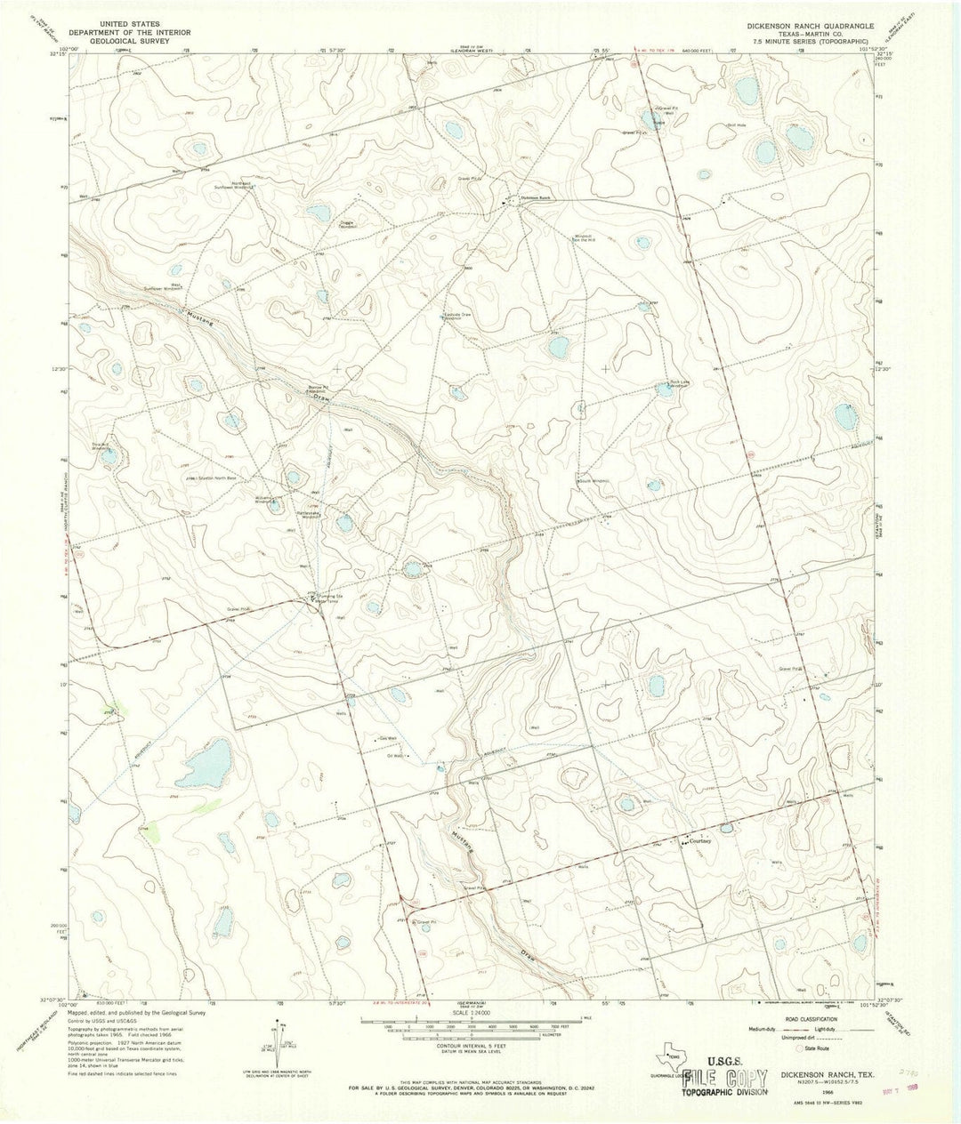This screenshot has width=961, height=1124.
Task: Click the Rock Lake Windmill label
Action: click(x=678, y=385)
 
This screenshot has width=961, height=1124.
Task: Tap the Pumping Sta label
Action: click(x=326, y=597)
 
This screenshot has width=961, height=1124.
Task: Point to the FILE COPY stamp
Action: click(x=724, y=1080)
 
